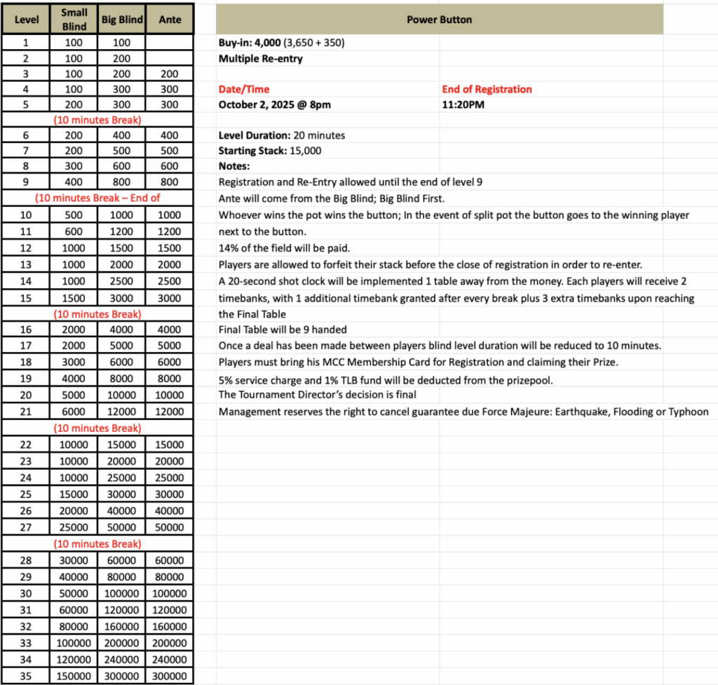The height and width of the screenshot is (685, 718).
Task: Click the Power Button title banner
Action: tap(439, 20)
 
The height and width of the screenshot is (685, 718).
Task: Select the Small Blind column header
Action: tap(74, 20)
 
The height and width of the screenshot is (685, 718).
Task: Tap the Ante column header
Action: tap(170, 20)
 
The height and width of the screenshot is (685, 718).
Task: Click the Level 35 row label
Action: tap(26, 676)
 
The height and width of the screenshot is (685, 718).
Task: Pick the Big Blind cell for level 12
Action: tap(123, 247)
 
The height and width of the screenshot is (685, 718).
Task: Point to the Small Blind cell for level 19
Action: tap(74, 379)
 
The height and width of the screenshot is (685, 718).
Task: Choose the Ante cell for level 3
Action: tap(170, 74)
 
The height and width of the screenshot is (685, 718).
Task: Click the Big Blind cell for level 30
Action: tap(123, 593)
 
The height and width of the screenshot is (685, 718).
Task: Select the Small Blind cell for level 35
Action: tap(74, 676)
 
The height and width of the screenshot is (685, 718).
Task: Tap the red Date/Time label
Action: tap(244, 89)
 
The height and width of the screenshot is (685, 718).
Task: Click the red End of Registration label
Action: tap(487, 89)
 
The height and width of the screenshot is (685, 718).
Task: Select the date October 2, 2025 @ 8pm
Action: tap(275, 105)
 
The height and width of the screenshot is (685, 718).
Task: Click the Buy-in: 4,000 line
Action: tap(281, 43)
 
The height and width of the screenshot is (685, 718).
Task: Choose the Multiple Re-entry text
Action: tap(261, 59)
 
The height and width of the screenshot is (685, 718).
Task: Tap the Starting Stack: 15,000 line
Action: tap(271, 151)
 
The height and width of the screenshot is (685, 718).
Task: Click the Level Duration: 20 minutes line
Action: tap(282, 135)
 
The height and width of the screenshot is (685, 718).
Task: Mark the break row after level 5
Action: tap(97, 119)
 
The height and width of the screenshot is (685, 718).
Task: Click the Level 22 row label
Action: tap(26, 445)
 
